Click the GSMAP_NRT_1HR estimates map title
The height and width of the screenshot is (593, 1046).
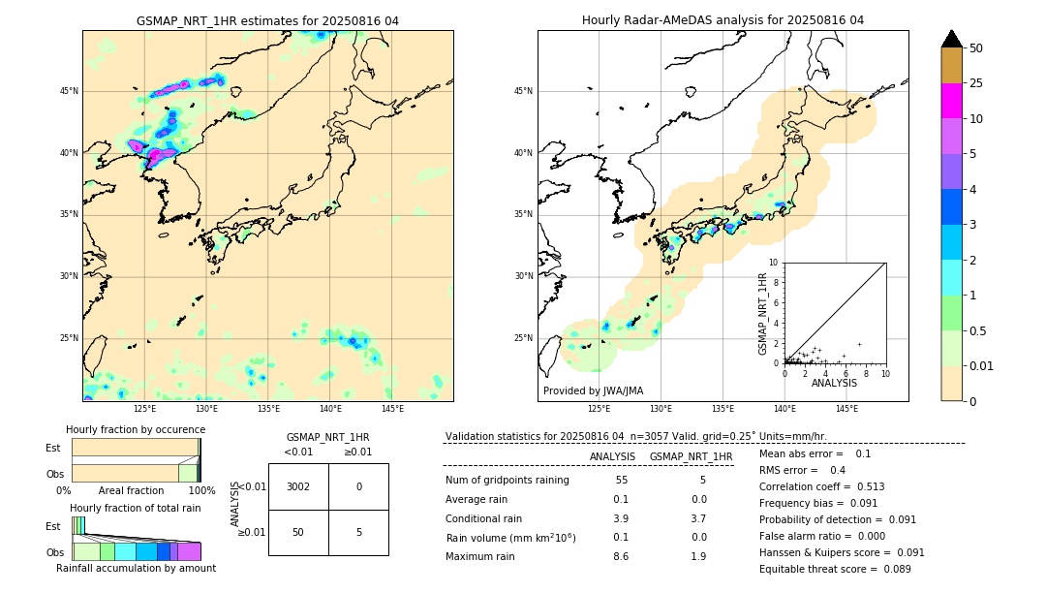tap(267, 20)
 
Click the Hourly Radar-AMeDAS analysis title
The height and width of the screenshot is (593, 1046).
tap(723, 20)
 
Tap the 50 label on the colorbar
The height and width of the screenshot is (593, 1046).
tap(976, 48)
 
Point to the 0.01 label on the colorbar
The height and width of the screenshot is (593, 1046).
tap(982, 365)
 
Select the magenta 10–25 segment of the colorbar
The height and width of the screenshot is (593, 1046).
tap(951, 101)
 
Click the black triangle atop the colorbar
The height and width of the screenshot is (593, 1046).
tap(951, 39)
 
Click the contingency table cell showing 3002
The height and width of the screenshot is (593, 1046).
tap(298, 486)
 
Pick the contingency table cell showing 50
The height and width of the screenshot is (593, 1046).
tap(298, 532)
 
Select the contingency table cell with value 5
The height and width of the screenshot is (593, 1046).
tap(358, 532)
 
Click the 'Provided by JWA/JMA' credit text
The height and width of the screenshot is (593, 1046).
tap(593, 390)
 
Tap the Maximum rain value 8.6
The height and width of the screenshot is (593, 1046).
tap(620, 556)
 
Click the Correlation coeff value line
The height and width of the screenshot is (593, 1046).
tap(821, 486)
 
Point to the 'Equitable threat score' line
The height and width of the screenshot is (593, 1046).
tap(835, 569)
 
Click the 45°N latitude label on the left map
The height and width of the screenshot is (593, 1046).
tap(69, 91)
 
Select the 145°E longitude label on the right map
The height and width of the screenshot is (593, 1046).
tap(846, 409)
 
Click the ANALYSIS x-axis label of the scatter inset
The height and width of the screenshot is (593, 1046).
tap(834, 383)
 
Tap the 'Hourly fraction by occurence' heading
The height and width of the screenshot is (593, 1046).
tap(136, 429)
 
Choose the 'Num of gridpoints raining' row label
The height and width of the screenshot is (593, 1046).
tap(508, 480)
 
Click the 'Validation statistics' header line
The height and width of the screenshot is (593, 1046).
tap(635, 436)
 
